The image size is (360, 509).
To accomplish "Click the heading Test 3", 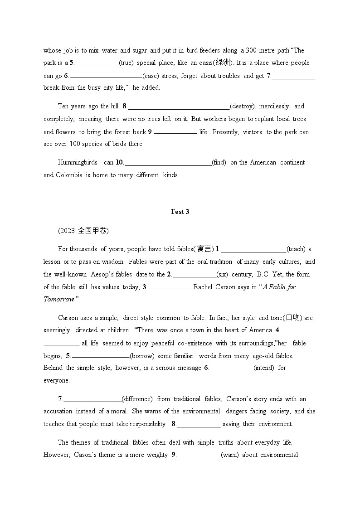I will tap(180, 212).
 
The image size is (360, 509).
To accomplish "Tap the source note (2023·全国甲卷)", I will tap(83, 231).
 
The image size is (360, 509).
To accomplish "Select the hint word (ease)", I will tap(151, 76).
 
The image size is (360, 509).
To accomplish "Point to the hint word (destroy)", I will tap(243, 107).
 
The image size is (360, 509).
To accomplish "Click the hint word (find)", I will tap(219, 163).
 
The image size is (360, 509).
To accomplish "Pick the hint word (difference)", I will tap(137, 399).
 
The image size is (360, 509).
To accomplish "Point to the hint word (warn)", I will tap(229, 455).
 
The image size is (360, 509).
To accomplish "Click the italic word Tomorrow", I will tap(58, 300).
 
